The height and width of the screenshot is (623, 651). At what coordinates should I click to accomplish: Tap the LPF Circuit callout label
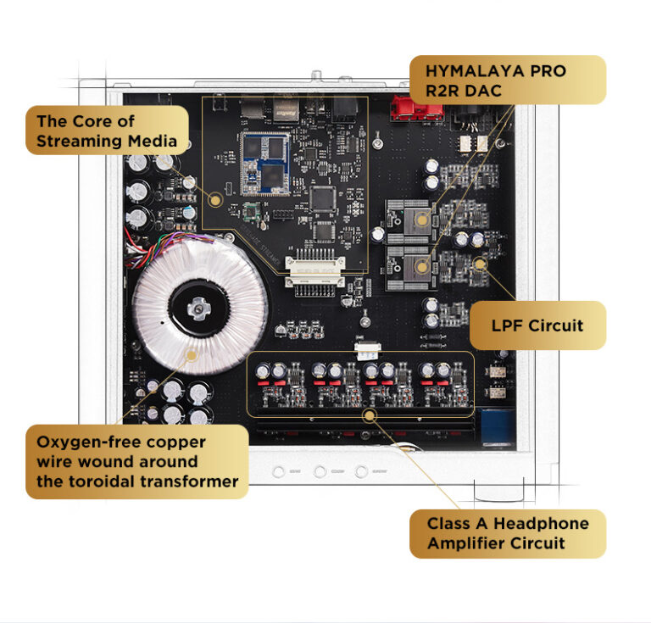[x=537, y=325]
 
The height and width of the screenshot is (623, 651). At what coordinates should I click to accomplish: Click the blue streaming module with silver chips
[x=262, y=160]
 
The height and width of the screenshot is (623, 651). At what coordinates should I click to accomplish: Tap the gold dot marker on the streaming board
[x=215, y=201]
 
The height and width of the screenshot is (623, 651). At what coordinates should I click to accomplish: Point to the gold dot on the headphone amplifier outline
[x=369, y=415]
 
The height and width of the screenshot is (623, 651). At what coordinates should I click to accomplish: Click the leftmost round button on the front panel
[x=278, y=470]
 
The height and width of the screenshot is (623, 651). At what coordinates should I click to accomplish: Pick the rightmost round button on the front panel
[x=362, y=470]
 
